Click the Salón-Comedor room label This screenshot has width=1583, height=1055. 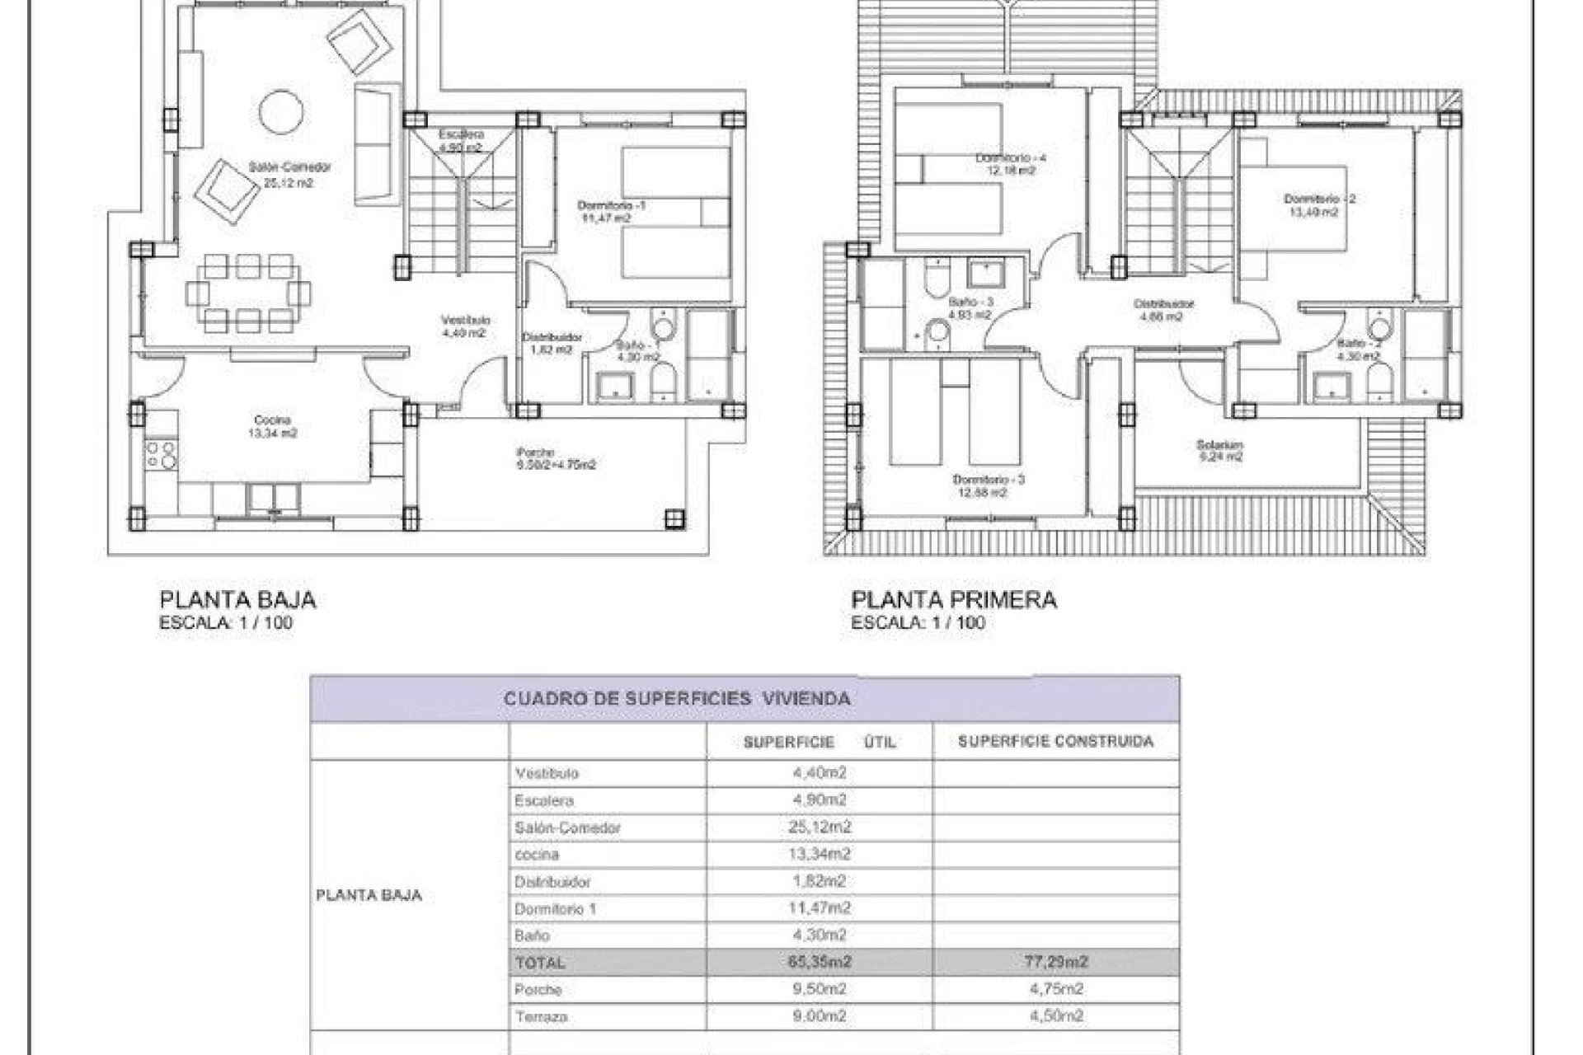click(x=289, y=167)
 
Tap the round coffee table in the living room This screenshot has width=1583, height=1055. click(x=281, y=111)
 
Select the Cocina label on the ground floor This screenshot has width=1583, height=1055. click(x=272, y=420)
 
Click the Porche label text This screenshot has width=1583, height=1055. click(x=536, y=452)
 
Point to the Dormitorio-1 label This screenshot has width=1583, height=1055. click(x=611, y=205)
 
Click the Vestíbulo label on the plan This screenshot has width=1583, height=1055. click(x=465, y=320)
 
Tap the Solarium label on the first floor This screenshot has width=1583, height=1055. click(x=1219, y=445)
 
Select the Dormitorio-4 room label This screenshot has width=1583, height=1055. click(x=1010, y=157)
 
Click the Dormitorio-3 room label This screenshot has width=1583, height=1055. click(x=988, y=480)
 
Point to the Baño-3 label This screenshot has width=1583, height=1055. click(x=970, y=302)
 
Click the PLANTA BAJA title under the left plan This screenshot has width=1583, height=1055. click(x=237, y=600)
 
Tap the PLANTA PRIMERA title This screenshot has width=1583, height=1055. click(x=953, y=600)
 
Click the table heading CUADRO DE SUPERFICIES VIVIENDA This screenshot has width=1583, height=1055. click(x=676, y=699)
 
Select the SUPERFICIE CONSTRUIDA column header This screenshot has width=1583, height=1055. click(x=1055, y=742)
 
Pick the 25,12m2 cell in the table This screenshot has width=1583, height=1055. click(x=819, y=827)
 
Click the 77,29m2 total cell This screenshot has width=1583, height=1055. click(x=1055, y=962)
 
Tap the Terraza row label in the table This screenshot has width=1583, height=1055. click(x=541, y=1017)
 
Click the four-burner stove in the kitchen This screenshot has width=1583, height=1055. click(x=160, y=455)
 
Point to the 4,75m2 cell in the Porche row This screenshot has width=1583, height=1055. click(x=1055, y=989)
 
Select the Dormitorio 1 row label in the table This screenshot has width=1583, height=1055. click(x=555, y=909)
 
